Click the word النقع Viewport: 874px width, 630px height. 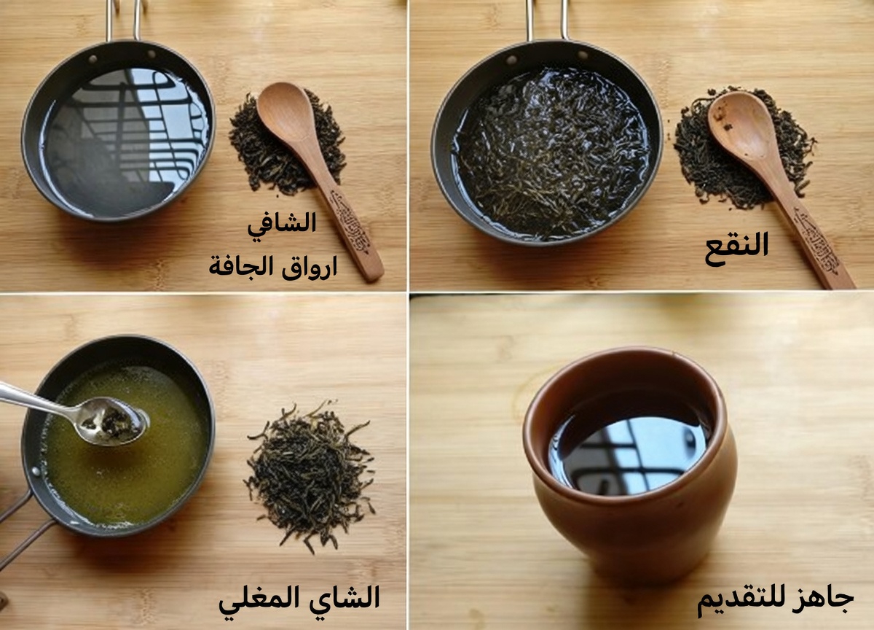736,245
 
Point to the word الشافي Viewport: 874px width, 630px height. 282,223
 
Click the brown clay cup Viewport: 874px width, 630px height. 631,525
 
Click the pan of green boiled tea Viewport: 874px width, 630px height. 124,452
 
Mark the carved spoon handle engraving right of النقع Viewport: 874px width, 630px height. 815,232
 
